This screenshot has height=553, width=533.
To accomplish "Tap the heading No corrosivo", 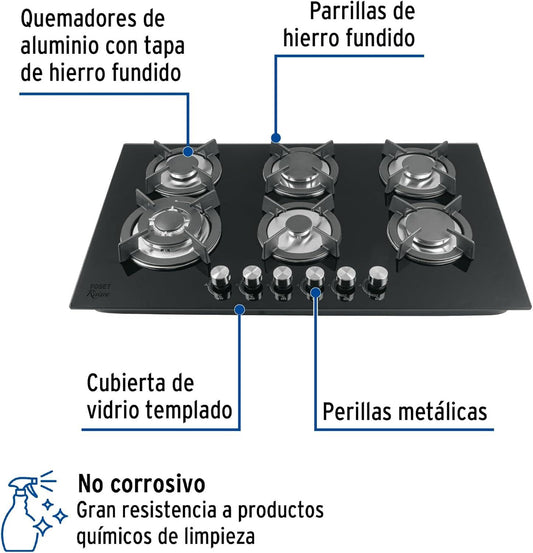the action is tap(141, 484).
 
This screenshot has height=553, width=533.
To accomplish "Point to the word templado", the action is tap(189, 411).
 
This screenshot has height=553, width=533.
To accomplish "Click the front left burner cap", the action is tap(166, 223).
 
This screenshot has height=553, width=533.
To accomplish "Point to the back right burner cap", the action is tap(417, 164).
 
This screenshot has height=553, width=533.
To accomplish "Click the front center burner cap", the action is tap(298, 224).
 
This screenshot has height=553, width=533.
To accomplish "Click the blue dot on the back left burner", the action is tap(188, 152).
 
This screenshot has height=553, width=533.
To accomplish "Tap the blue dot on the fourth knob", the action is tap(316, 293).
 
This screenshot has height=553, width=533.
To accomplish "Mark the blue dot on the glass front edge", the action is tap(240, 310).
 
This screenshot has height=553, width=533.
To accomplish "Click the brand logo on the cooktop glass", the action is tap(98, 291).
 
